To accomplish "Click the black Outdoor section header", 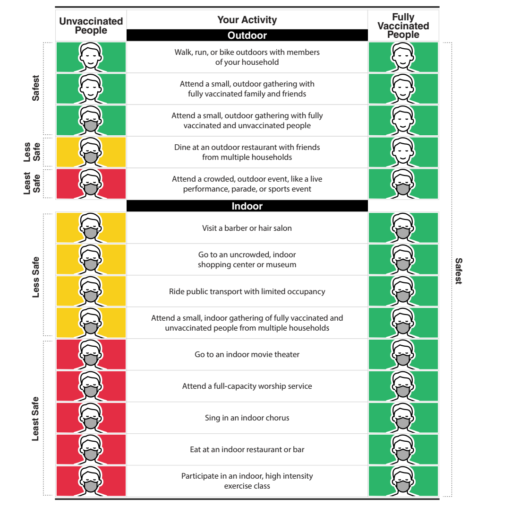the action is (247, 35).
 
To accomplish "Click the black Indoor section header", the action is (247, 206).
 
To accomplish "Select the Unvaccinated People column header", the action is (91, 26).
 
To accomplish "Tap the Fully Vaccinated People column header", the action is (403, 26).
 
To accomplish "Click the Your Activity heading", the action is (247, 20).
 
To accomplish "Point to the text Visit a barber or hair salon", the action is (247, 228).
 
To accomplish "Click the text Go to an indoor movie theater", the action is (247, 354).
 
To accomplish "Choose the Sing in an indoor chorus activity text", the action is (247, 418).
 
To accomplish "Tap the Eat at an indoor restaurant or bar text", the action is (247, 449).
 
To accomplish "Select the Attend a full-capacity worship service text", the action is (247, 386).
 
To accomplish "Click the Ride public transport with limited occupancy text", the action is (247, 291).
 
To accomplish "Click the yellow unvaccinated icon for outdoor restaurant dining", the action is (91, 152).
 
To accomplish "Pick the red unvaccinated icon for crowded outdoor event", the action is (91, 184).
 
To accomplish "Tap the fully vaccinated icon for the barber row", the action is (403, 227).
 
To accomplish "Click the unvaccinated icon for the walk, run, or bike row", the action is (91, 57).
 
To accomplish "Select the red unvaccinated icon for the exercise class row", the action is (91, 481).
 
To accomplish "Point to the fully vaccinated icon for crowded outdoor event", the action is (403, 184).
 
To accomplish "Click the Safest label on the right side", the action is (459, 271).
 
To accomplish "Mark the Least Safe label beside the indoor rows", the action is (35, 419).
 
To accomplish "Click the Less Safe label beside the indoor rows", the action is (35, 277).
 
